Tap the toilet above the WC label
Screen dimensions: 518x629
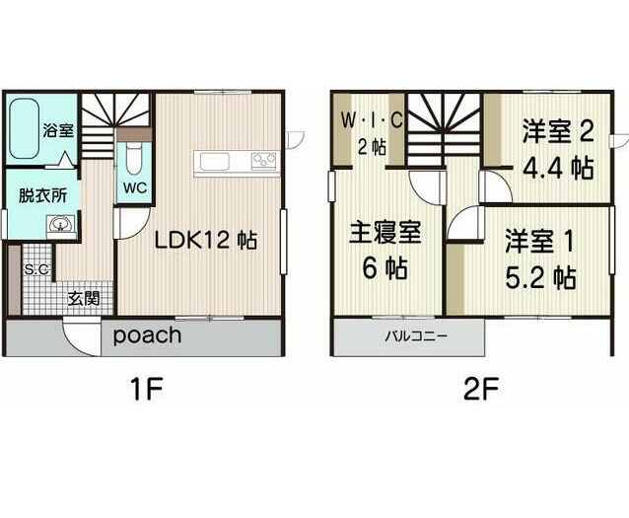coord(134,158)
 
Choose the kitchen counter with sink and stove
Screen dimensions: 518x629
coord(237,162)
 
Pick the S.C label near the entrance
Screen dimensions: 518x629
coord(36,268)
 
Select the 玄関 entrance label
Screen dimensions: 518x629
coord(83,297)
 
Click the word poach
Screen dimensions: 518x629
coord(146,335)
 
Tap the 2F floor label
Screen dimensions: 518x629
coord(481,389)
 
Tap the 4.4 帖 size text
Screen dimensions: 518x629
coord(558,167)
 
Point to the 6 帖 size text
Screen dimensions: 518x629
coord(385,268)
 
